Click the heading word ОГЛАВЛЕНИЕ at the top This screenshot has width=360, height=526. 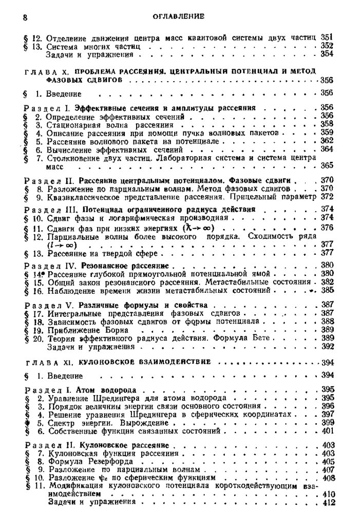179,16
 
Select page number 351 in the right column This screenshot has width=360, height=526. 327,37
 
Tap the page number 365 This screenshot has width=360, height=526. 327,166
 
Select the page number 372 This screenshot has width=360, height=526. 327,196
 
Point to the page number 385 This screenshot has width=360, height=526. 327,290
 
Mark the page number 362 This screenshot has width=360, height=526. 327,140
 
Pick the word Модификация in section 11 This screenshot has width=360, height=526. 72,486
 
